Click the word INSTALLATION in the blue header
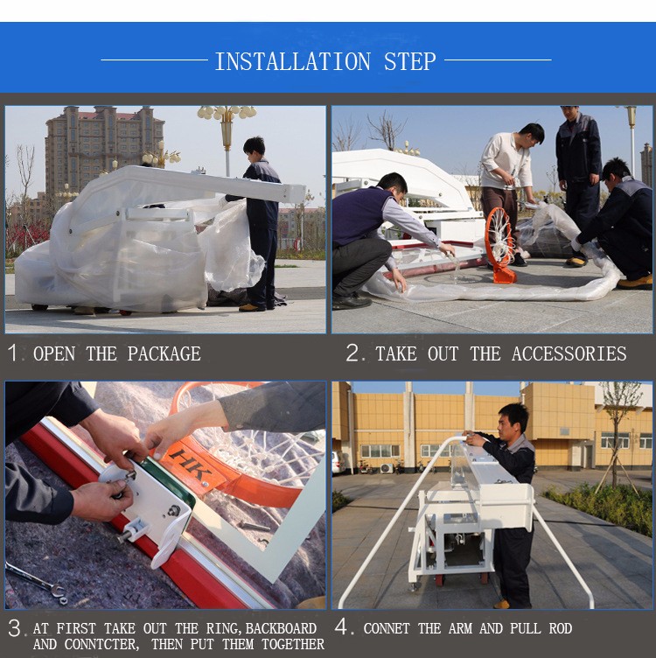tap(293, 61)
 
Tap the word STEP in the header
tap(410, 61)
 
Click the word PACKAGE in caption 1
tap(164, 353)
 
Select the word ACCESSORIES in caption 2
tap(569, 353)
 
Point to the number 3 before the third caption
tap(15, 628)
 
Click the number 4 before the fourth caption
tap(341, 627)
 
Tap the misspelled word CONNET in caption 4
tap(387, 628)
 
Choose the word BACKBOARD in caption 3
tap(281, 628)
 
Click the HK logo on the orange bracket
tap(191, 465)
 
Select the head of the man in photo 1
tap(255, 147)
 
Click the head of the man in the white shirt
tap(531, 134)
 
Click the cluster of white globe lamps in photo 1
tap(227, 112)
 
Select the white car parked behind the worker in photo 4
tap(338, 462)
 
